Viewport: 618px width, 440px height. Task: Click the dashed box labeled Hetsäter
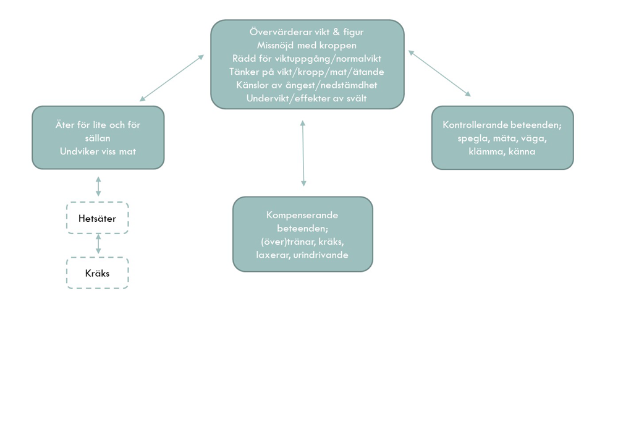[98, 218]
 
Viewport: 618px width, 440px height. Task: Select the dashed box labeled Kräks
[98, 273]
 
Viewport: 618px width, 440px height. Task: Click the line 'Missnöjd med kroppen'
[307, 45]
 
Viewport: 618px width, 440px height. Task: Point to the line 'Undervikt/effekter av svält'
[307, 98]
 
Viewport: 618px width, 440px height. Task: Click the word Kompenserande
[302, 215]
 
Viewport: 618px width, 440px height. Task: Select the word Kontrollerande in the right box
[475, 125]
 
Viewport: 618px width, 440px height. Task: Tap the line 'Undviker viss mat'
[98, 151]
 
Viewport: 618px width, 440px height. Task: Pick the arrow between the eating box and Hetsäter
[98, 186]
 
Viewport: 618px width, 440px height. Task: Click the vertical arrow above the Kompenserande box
[303, 153]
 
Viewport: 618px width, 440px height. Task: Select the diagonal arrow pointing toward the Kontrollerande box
[439, 74]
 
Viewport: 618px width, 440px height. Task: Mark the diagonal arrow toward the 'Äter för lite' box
[172, 78]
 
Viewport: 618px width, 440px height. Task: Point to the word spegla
[473, 138]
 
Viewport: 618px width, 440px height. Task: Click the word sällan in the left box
[98, 138]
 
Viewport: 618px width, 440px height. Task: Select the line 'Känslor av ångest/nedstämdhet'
[307, 85]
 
